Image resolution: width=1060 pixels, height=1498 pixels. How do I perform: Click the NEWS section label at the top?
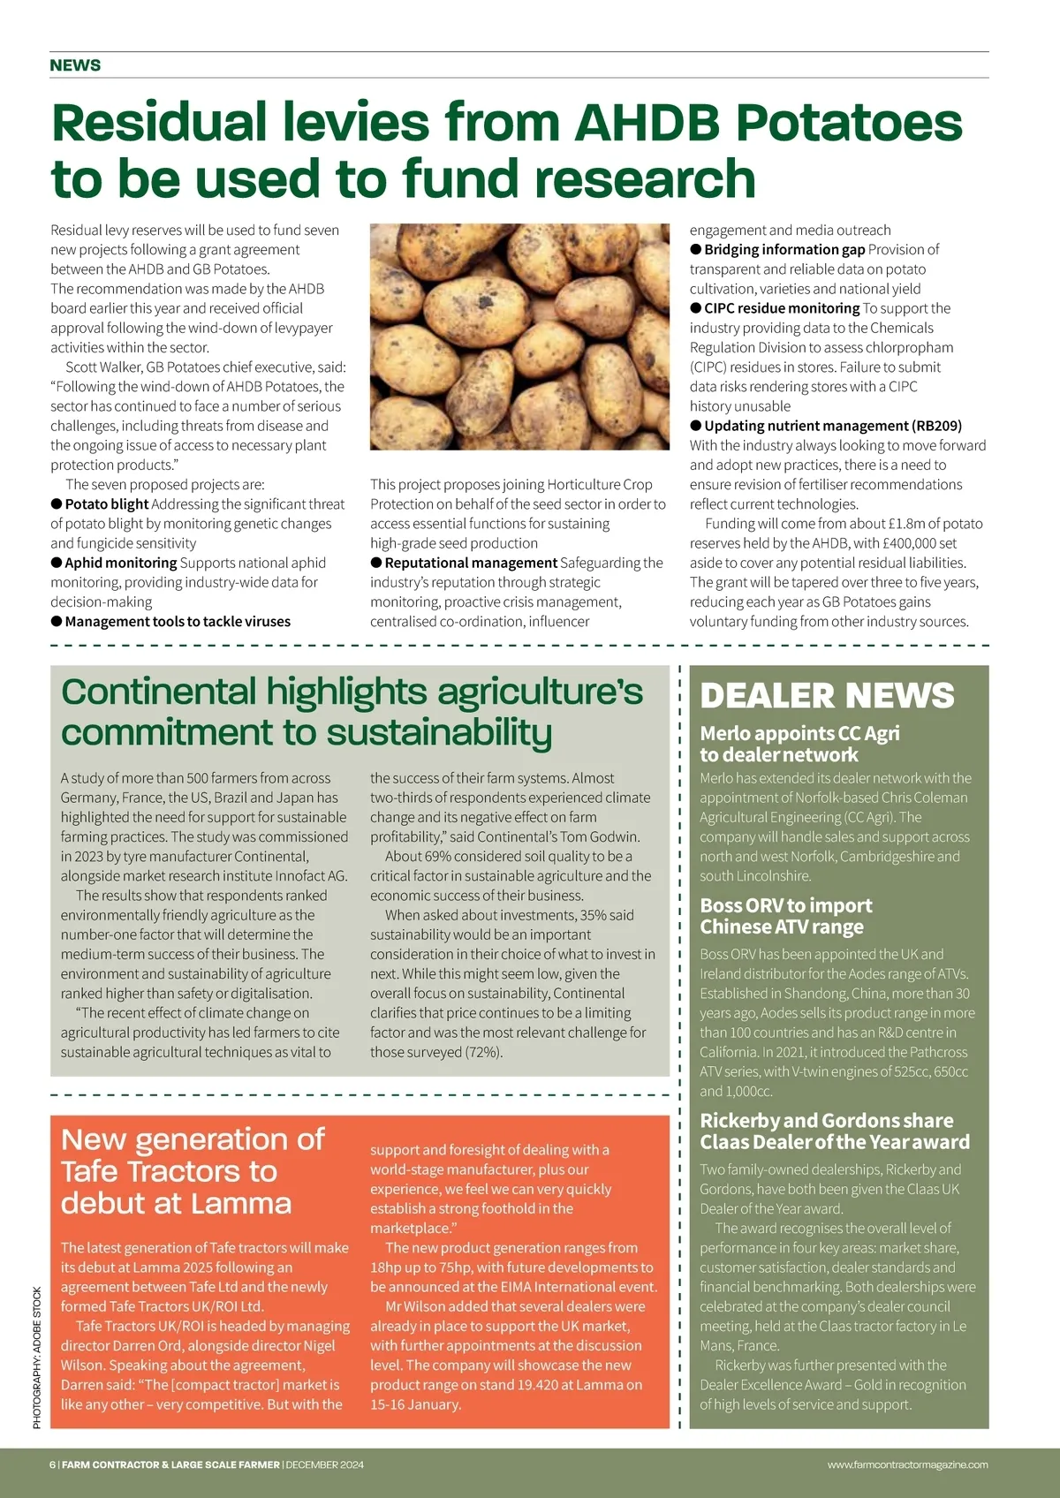coord(75,65)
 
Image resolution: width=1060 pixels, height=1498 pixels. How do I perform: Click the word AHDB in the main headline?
coord(647,122)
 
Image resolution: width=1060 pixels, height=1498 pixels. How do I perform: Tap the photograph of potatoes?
coord(519,337)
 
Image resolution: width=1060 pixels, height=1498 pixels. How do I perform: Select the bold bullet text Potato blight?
coord(106,504)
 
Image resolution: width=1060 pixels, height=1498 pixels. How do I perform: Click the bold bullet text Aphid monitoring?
coord(120,563)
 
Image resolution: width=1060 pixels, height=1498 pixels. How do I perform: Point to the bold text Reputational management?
coord(471,563)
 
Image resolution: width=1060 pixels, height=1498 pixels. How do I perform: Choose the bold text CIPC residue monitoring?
coord(781,308)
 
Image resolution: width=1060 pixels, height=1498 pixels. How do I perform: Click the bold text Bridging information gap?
coord(784,250)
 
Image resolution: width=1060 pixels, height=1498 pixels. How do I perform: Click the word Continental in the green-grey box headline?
coord(159,692)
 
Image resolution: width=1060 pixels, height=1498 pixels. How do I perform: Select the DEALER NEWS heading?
coord(827,696)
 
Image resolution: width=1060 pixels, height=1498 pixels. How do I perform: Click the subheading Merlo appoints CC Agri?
coord(799,733)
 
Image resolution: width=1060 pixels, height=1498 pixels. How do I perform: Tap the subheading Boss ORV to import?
coord(785,905)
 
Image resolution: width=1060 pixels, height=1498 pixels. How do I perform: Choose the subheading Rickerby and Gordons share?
coord(826,1121)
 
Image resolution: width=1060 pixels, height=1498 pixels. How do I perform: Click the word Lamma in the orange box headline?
coord(241,1204)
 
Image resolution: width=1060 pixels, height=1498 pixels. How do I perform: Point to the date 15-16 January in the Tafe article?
coord(415,1404)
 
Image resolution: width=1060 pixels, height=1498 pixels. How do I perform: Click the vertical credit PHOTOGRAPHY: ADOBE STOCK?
coord(37,1358)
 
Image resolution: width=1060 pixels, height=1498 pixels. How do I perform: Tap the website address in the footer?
coord(907,1464)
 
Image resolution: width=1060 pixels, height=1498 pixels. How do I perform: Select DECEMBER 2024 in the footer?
coord(324,1464)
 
